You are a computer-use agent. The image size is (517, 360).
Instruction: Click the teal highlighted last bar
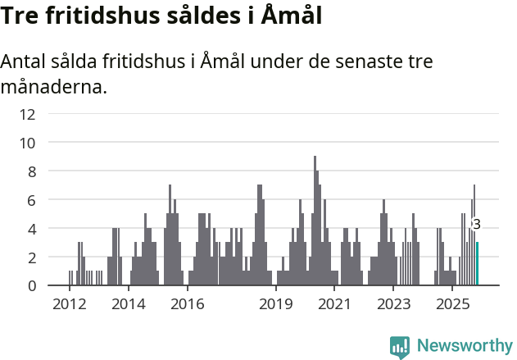click(x=478, y=264)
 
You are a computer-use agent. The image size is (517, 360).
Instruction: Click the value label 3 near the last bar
click(x=477, y=224)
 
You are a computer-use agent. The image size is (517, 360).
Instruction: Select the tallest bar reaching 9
click(x=315, y=221)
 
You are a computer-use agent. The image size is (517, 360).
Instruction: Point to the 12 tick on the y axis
click(x=28, y=114)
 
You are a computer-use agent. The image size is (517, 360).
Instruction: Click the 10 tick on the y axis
click(x=28, y=143)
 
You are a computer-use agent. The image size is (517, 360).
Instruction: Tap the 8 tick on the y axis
click(x=31, y=171)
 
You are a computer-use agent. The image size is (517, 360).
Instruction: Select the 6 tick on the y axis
click(x=31, y=200)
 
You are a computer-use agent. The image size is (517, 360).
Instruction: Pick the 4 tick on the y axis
click(x=31, y=229)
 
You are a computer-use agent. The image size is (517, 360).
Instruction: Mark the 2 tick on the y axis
click(x=31, y=257)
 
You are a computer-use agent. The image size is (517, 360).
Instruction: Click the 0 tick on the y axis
click(x=31, y=286)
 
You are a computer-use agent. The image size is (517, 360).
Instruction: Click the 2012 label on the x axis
click(x=70, y=305)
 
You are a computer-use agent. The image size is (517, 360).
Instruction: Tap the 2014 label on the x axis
click(x=129, y=305)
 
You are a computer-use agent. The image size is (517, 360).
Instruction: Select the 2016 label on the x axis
click(x=188, y=305)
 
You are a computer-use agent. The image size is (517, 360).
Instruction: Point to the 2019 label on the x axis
click(x=276, y=305)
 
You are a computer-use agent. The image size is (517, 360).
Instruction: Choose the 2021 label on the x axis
click(x=335, y=305)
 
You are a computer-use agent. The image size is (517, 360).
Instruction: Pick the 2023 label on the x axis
click(x=393, y=305)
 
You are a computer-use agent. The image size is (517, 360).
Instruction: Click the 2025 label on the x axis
click(x=452, y=305)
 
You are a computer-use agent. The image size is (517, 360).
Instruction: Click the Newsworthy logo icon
click(x=400, y=347)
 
